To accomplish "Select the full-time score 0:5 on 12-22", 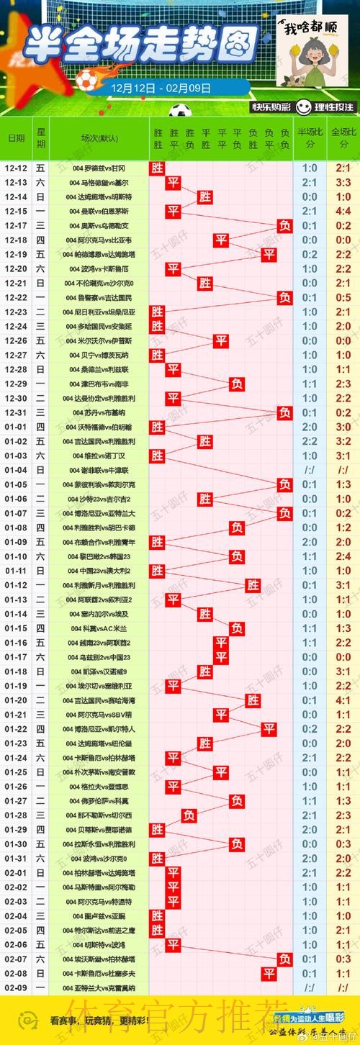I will tap(343, 297).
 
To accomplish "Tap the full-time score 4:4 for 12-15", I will tap(343, 211).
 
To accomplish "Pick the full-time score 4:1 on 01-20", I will tap(343, 700).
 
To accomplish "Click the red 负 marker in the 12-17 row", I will tap(285, 225).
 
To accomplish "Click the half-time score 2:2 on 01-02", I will tap(310, 441).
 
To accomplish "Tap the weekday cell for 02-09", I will tap(41, 987).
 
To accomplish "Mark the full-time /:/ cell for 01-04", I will tap(343, 470).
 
